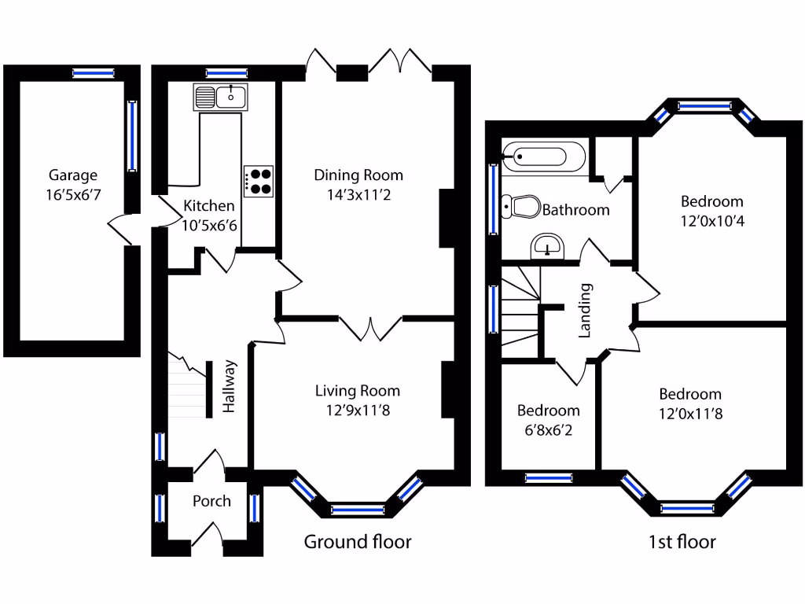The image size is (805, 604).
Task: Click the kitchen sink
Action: point(221,98)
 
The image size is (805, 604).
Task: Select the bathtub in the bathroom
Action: point(542,157)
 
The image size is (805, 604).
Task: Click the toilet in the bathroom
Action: point(522,207)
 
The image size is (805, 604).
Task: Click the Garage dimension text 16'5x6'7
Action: point(72,193)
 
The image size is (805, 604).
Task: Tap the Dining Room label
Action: point(358,175)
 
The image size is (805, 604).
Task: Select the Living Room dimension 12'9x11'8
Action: point(358,409)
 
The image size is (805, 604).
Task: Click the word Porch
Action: point(211,501)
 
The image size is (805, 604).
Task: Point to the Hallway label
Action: point(230,386)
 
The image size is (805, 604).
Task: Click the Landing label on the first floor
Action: point(585,311)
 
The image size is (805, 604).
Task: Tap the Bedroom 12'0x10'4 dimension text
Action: point(711,221)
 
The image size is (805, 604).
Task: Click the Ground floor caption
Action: point(358,541)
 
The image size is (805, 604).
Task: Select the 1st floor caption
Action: point(682,541)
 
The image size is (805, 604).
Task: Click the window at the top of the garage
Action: point(94,73)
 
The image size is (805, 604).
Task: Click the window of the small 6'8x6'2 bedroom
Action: point(548,477)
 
